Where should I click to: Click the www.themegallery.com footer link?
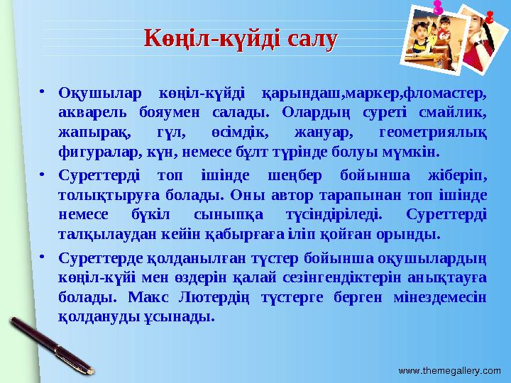click(449, 371)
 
